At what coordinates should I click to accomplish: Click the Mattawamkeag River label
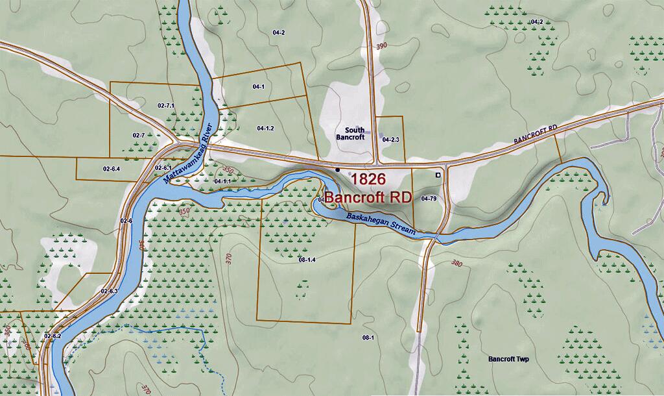tap(189, 151)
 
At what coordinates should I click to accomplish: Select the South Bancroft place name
tap(350, 133)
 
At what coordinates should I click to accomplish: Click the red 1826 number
tap(368, 179)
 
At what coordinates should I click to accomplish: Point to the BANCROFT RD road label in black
tap(536, 135)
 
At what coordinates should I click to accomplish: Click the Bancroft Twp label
tap(508, 359)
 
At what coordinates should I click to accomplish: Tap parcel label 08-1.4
tap(307, 260)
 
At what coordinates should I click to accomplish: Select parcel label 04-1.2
tap(265, 128)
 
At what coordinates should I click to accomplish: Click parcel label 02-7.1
tap(166, 105)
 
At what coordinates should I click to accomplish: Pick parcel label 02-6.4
tap(111, 169)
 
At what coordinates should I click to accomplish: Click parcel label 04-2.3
tap(390, 140)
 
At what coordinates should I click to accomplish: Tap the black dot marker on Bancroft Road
tap(337, 169)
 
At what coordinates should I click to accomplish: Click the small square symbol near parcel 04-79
tap(438, 175)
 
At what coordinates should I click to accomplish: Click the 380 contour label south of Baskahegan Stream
tap(456, 264)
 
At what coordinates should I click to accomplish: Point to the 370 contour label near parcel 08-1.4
tap(228, 258)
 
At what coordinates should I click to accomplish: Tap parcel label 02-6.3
tap(109, 291)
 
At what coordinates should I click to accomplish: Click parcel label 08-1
tap(368, 338)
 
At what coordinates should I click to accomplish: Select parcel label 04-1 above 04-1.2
tap(258, 86)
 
